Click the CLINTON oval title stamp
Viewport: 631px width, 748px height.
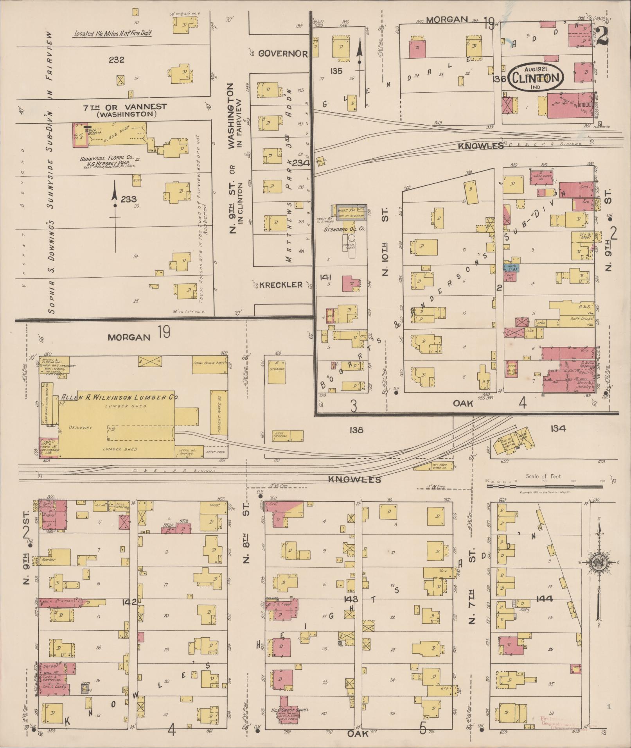coord(536,77)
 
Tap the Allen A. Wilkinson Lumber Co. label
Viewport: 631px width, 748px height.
coord(120,397)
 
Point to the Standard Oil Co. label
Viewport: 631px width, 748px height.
coord(344,230)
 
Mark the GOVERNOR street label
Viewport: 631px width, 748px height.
coord(283,54)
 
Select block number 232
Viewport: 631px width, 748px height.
coord(117,60)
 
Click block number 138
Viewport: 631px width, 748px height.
coord(357,430)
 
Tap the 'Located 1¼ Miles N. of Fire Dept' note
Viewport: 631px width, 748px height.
coord(112,34)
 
